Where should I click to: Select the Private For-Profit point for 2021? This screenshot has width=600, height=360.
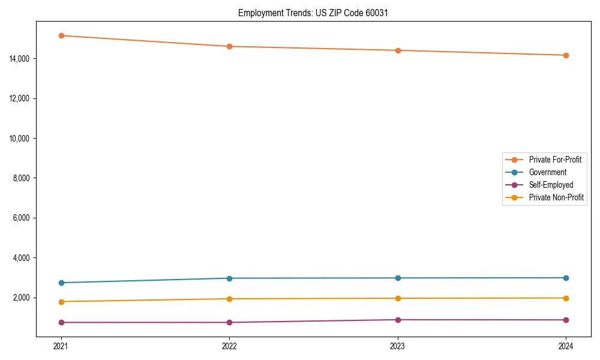tap(61, 35)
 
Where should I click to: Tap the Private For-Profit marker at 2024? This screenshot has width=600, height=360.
tap(566, 55)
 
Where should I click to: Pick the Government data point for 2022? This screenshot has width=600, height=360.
tap(229, 278)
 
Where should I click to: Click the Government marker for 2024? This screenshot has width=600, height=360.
tap(566, 278)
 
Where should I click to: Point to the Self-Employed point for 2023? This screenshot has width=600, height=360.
tap(398, 320)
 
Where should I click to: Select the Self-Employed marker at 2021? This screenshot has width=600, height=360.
tap(61, 322)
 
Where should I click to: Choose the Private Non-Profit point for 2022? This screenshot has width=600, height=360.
tap(229, 299)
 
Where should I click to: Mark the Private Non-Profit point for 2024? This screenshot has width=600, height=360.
tap(566, 298)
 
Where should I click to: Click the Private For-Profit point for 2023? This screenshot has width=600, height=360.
tap(398, 50)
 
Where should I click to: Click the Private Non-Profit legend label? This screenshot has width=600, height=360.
tap(556, 197)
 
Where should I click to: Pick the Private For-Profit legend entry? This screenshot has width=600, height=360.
tap(554, 160)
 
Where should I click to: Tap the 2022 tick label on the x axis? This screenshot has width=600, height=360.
tap(229, 346)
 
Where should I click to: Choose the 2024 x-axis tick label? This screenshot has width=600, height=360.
tap(566, 346)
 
